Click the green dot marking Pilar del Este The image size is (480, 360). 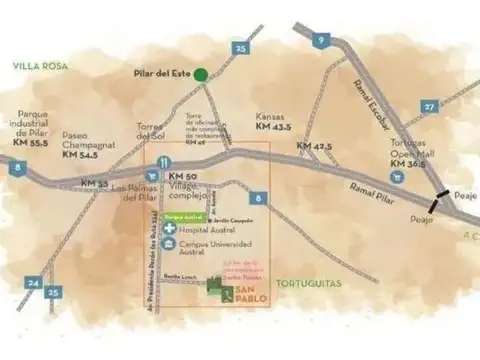pos(201,74)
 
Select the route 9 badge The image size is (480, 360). pos(321,40)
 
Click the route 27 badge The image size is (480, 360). pos(429,106)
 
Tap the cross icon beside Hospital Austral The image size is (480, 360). pos(170,229)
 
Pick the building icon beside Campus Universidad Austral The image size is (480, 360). pos(170,244)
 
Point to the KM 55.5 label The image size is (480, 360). pos(31,144)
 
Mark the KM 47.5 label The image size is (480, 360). pos(315,147)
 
